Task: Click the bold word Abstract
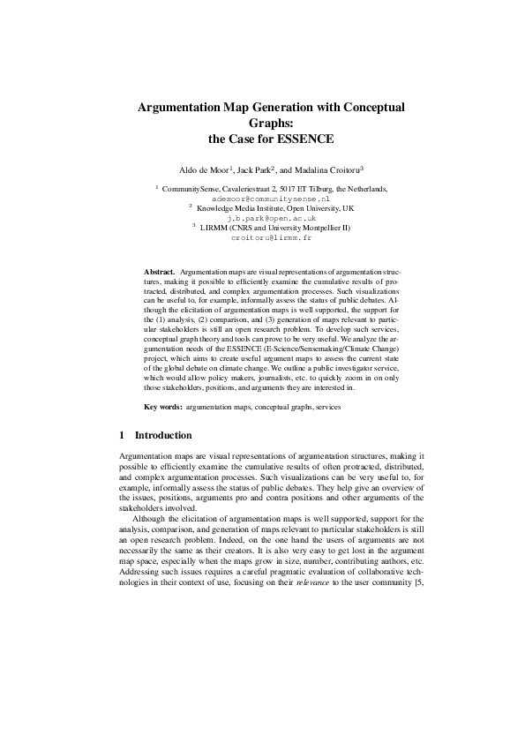161,265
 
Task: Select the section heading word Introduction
162,435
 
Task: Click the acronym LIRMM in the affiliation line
214,228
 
